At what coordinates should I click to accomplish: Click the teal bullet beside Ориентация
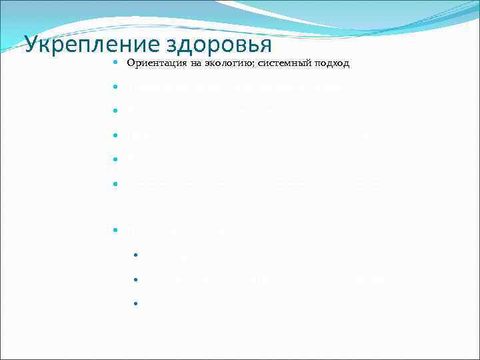(115, 63)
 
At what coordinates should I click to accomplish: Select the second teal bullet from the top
(115, 87)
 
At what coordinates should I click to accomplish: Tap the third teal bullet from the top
(115, 111)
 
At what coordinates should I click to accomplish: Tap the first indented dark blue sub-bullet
(135, 255)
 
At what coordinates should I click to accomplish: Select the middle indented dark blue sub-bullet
(135, 279)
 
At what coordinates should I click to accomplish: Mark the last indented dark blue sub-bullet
(135, 303)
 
